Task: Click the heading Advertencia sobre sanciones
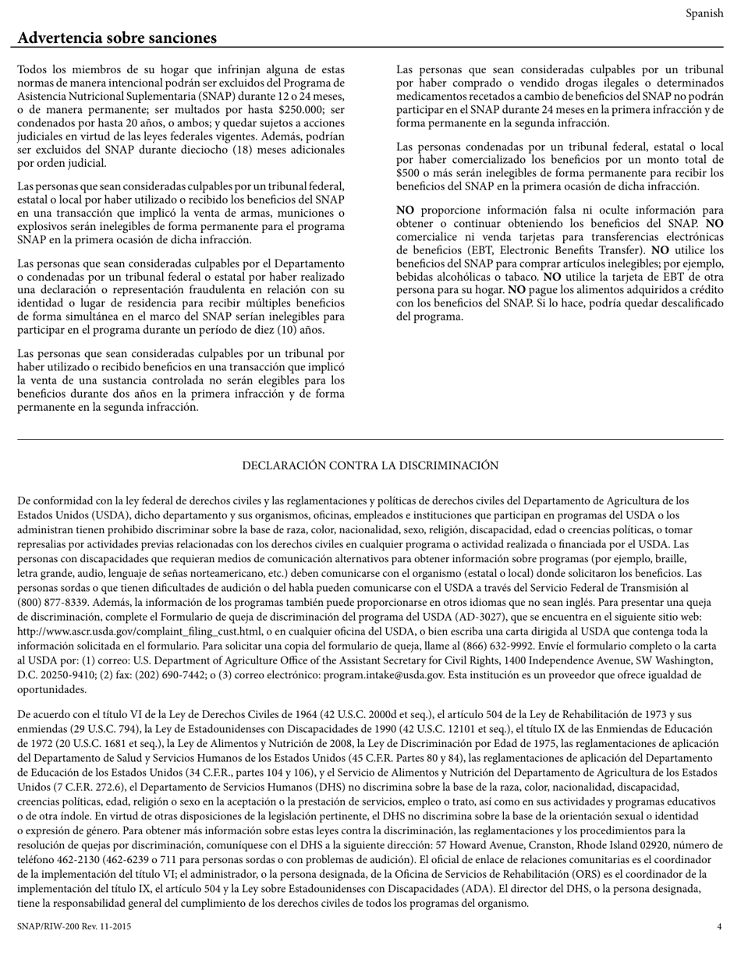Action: click(x=117, y=38)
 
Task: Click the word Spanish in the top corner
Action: click(x=704, y=13)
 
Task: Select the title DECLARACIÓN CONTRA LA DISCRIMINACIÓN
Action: click(x=370, y=465)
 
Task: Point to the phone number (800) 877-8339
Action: click(x=51, y=602)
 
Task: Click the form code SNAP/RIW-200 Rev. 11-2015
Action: click(x=74, y=926)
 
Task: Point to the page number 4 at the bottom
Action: click(x=719, y=926)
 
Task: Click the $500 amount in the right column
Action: click(x=408, y=173)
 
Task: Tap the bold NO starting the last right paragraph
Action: click(x=405, y=211)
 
